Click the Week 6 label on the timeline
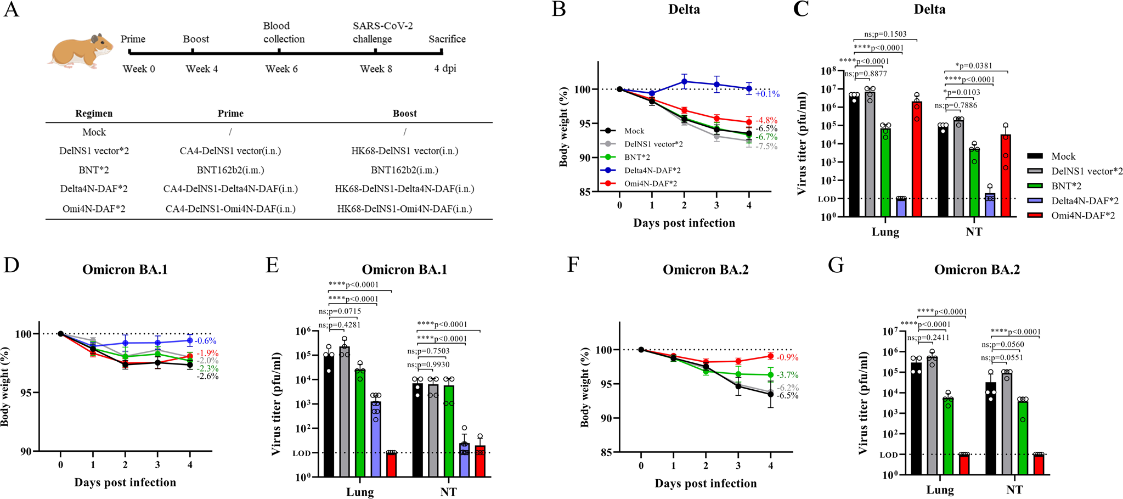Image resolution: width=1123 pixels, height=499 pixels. point(281,69)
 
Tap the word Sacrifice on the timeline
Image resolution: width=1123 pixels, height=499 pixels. point(447,39)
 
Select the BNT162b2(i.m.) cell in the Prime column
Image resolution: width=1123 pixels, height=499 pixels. point(230,170)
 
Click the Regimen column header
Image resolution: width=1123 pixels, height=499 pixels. point(94,114)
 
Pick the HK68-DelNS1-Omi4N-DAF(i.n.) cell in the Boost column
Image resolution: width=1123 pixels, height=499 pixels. point(404,209)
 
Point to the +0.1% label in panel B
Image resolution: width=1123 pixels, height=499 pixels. point(767,94)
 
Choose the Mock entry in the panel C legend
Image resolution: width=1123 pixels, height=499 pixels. point(1063,156)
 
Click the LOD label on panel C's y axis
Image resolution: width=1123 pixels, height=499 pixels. point(827,199)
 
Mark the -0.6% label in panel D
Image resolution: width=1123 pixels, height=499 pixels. point(206,341)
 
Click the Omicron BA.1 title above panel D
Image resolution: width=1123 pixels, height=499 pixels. point(125,270)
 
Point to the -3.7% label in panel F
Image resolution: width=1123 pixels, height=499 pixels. point(787,375)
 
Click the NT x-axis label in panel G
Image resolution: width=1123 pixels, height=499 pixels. point(1014,490)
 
